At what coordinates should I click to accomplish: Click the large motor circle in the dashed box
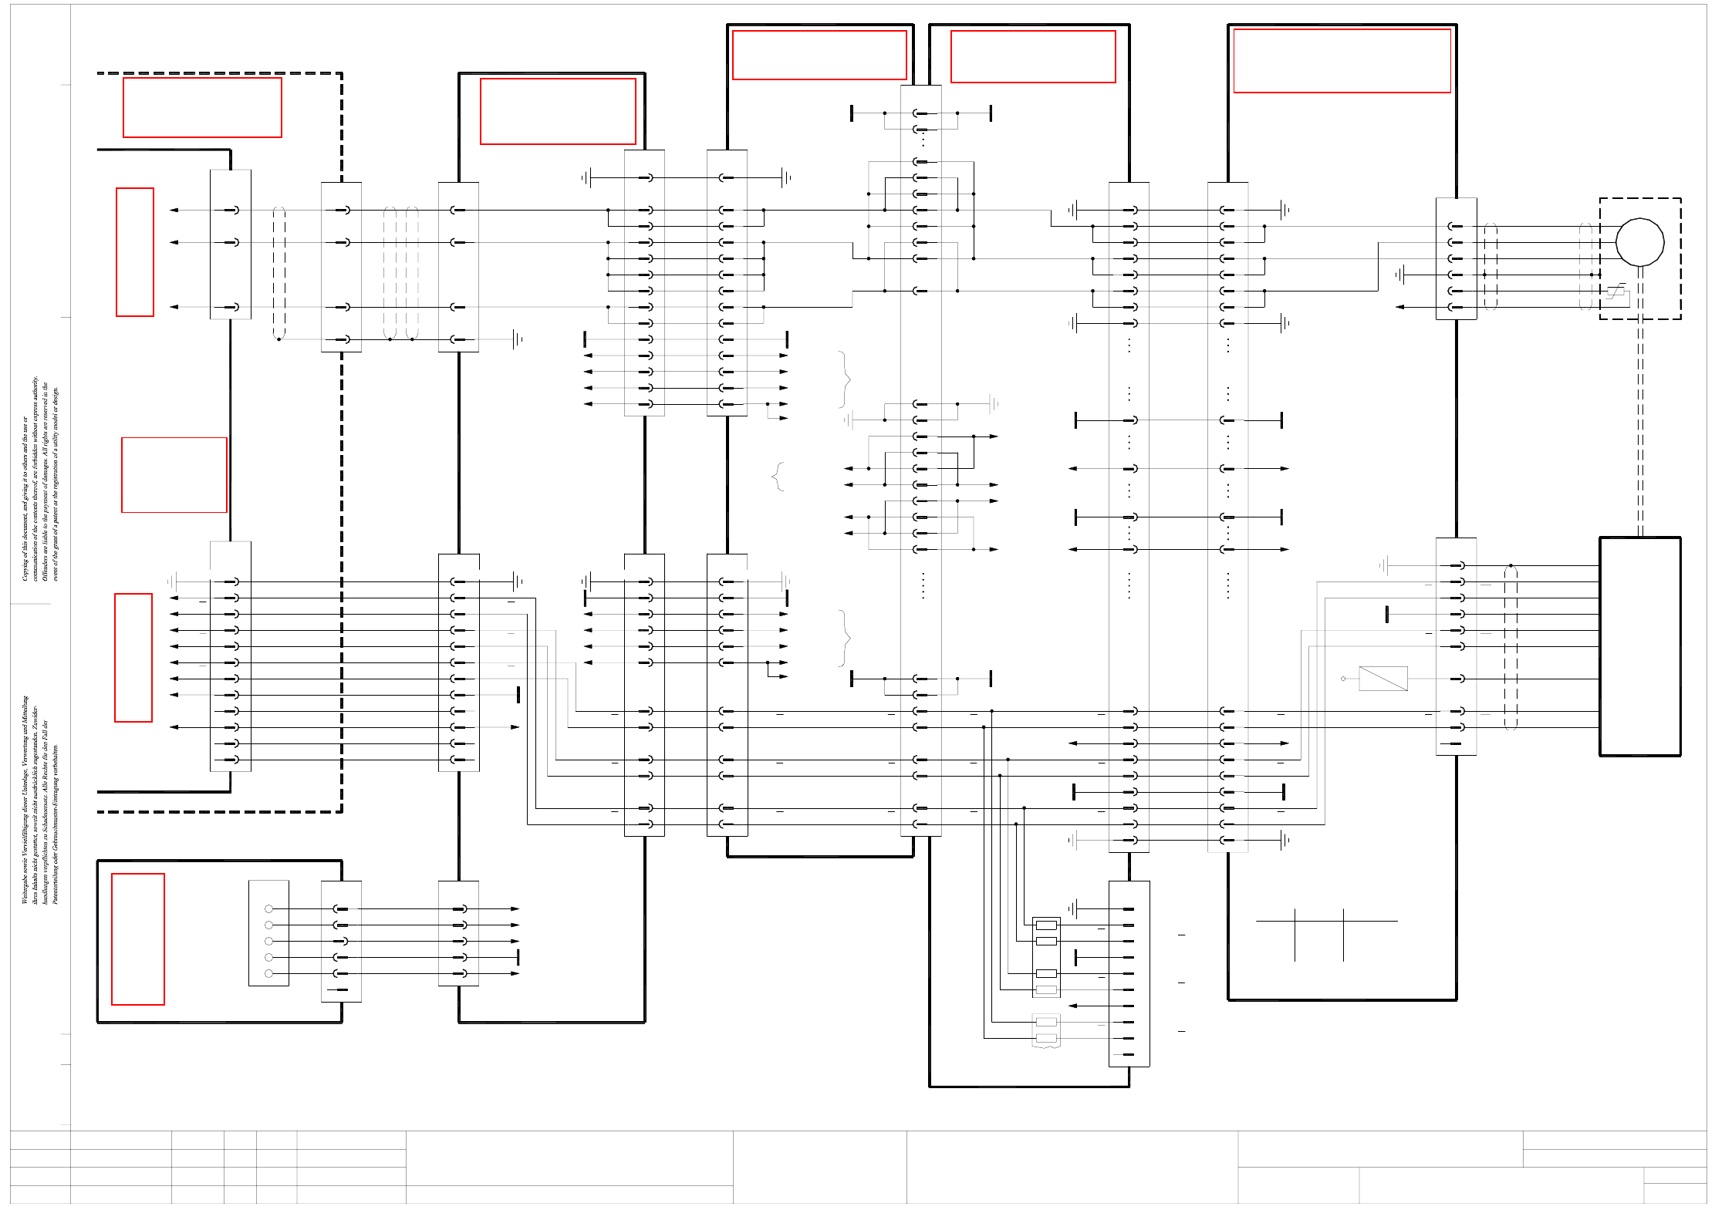coord(1639,242)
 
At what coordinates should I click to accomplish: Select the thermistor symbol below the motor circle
coord(1616,291)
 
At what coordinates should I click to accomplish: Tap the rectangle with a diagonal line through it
coord(1382,679)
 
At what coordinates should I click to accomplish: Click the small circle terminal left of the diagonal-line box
coord(1343,679)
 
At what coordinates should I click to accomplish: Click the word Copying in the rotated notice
coord(25,566)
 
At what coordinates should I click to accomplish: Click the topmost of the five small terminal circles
coord(268,908)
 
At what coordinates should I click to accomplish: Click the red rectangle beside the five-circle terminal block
coord(138,939)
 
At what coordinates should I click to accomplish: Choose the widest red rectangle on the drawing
coord(1342,61)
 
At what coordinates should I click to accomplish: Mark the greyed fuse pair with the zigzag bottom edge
coord(1046,1030)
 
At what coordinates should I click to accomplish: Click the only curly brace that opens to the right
coord(778,477)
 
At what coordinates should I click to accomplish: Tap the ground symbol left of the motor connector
coord(1400,275)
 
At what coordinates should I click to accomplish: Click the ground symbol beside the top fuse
coord(1072,908)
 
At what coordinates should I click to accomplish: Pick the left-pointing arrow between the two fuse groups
coord(1072,1006)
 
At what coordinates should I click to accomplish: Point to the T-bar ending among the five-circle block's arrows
coord(518,957)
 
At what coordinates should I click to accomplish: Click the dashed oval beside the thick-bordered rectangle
coord(1511,646)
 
